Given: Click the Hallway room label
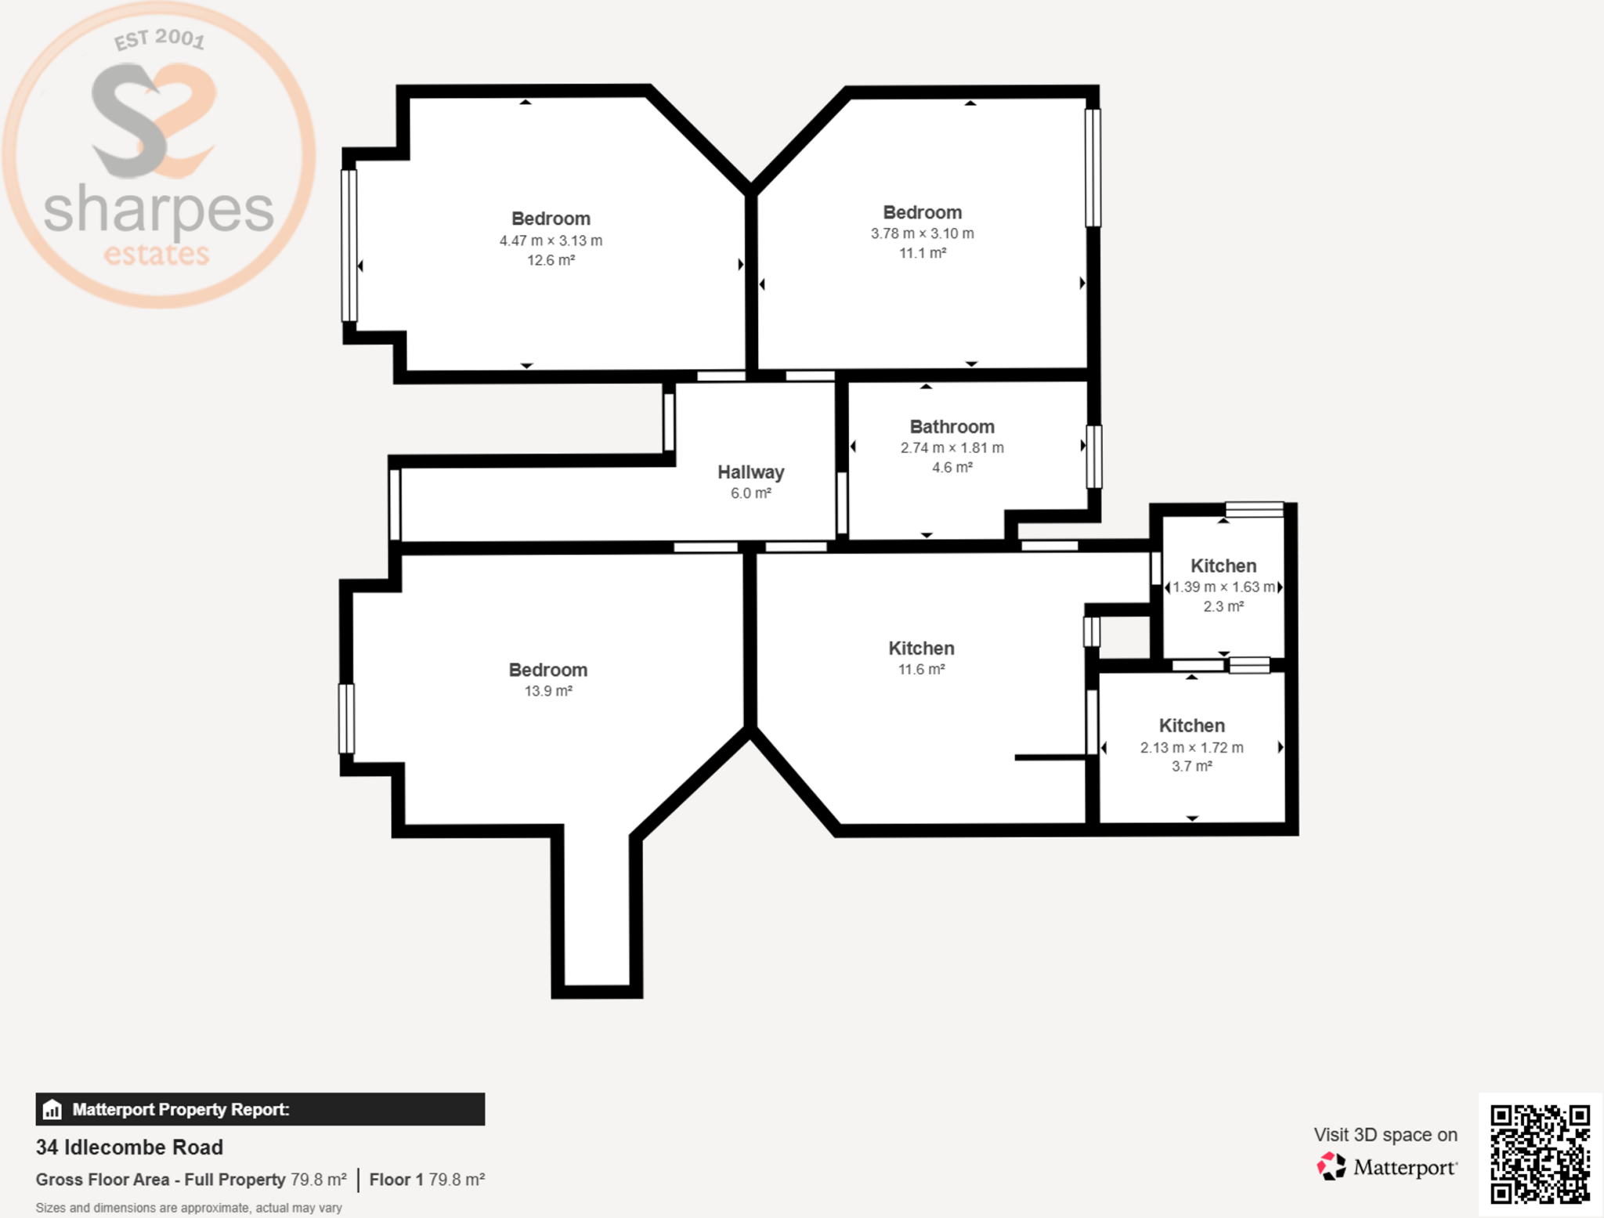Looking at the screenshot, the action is (x=750, y=472).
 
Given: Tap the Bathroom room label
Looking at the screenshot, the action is (x=952, y=427).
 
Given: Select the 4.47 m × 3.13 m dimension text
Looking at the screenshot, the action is (x=551, y=240).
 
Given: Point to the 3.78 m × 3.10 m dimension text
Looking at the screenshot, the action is (x=922, y=233).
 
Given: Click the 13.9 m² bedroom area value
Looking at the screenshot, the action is (x=548, y=691).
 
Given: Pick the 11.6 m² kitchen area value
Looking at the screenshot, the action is (x=921, y=669).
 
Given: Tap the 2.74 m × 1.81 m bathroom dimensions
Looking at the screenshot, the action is (x=952, y=448).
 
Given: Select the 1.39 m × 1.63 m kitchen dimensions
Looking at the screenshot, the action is (x=1223, y=587).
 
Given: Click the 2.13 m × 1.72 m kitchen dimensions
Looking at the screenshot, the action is (x=1191, y=747).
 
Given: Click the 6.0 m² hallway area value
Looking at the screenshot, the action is (x=750, y=493).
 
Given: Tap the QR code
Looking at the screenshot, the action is (x=1540, y=1154).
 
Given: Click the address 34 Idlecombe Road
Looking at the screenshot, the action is (x=129, y=1148).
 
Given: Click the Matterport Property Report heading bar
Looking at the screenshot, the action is (x=260, y=1109).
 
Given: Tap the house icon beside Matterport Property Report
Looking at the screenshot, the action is (x=52, y=1109).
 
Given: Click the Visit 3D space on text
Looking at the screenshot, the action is (x=1385, y=1135).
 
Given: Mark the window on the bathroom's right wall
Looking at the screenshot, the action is (x=1094, y=457).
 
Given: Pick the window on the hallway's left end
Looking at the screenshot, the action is (x=395, y=504).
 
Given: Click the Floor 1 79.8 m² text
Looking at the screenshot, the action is (x=427, y=1180).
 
